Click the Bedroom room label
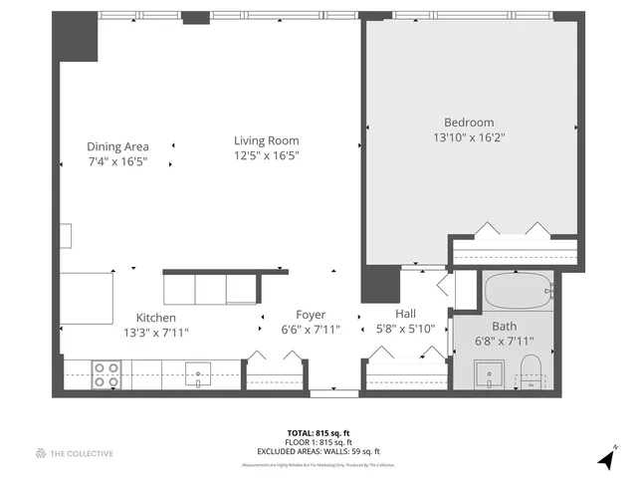click(469, 122)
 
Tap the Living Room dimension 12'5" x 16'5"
click(267, 155)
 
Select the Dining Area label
click(117, 146)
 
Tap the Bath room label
click(504, 326)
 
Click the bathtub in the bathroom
click(518, 291)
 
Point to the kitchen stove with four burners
click(106, 374)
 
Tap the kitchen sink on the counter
click(199, 374)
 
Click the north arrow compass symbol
click(606, 457)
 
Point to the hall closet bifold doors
click(406, 353)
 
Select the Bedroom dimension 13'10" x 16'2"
click(469, 137)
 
